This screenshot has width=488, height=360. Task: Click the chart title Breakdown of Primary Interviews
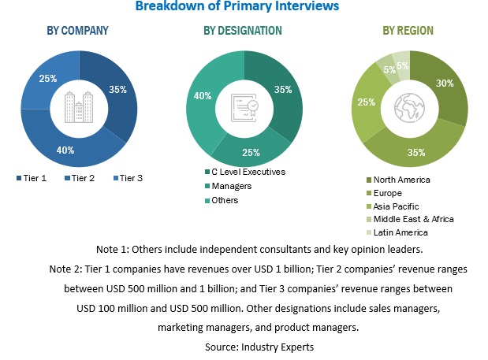[x=237, y=6]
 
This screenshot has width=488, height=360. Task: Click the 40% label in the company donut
[x=65, y=150]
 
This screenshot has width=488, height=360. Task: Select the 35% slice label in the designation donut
[x=281, y=89]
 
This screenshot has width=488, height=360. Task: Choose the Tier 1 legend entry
[x=32, y=178]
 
